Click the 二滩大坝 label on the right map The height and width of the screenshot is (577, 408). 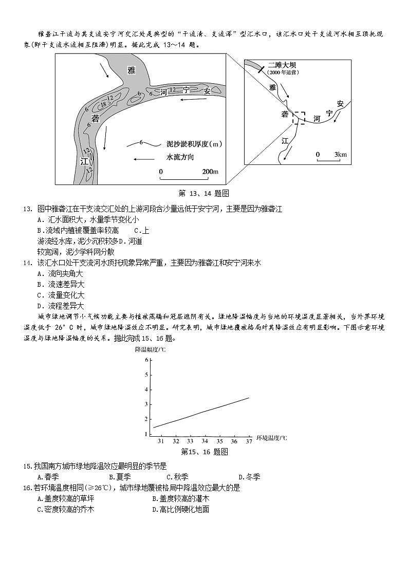tap(282, 65)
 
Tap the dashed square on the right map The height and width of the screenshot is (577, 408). tap(299, 118)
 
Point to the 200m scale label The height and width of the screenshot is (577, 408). tap(210, 171)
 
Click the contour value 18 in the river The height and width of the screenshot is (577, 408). tap(103, 104)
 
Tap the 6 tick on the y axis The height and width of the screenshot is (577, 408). tap(146, 360)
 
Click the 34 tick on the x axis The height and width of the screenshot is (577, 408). tap(205, 441)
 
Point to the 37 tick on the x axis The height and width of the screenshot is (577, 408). tap(249, 441)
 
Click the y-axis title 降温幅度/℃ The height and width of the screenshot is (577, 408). tap(150, 349)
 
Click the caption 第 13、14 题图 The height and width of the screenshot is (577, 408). tap(203, 193)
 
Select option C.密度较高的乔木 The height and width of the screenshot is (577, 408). tap(66, 509)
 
